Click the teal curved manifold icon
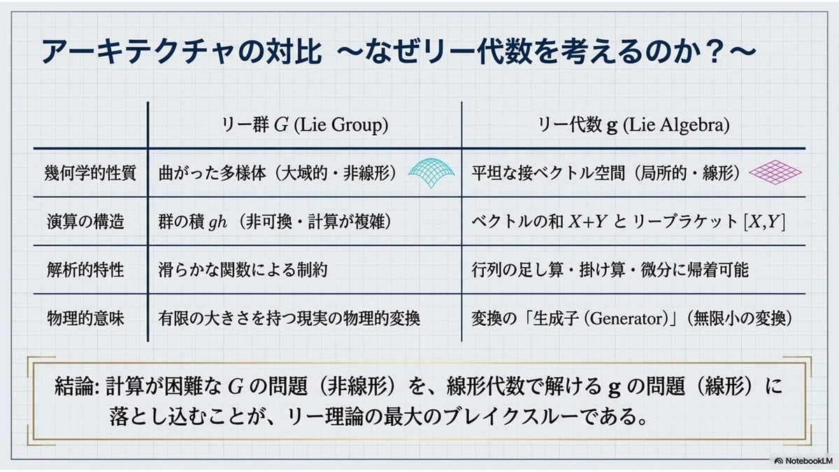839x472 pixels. pos(431,173)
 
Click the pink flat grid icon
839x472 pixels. pos(775,172)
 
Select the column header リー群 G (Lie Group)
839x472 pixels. pos(305,124)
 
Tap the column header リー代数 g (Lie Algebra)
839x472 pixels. pos(633,124)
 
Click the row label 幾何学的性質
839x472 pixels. pos(90,173)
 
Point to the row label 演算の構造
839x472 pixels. pos(85,222)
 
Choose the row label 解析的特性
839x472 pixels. pos(85,270)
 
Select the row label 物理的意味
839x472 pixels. pos(85,318)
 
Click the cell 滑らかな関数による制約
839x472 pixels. pos(243,270)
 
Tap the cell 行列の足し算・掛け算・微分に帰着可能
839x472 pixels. pos(610,270)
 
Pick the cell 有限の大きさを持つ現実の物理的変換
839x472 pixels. pos(289,318)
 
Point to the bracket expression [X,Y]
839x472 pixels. pos(764,222)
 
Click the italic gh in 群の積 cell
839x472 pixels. pos(217,222)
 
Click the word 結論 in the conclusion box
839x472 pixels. pos(73,386)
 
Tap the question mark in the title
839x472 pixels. pos(715,51)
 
